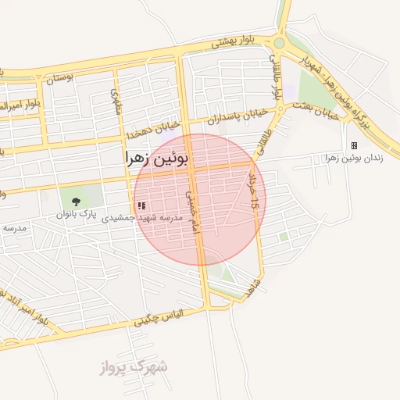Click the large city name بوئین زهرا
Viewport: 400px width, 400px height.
tap(156, 158)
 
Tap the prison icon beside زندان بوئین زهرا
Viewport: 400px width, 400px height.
tap(354, 145)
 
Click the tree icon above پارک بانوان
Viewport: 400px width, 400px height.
tap(76, 202)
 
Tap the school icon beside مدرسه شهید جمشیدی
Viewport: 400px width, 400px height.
tap(141, 205)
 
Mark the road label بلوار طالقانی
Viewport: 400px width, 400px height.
tap(275, 81)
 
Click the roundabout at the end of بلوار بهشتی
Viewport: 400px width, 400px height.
tap(280, 44)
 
